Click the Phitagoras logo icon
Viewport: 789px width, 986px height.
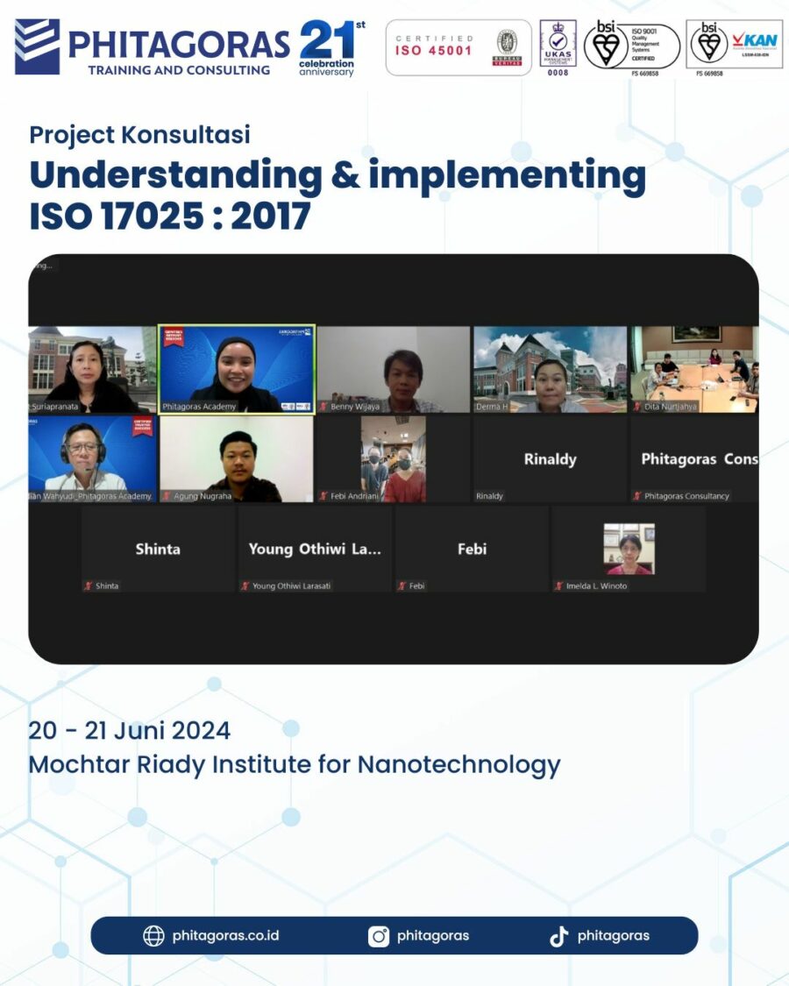click(37, 46)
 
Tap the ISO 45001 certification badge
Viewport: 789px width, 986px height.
click(458, 47)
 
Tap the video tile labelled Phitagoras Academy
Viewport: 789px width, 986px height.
click(236, 369)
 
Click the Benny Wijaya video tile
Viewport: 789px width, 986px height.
click(393, 369)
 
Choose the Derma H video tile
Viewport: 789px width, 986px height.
click(550, 369)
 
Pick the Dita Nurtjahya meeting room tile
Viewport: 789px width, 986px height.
click(693, 369)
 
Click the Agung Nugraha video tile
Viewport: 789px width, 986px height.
click(236, 458)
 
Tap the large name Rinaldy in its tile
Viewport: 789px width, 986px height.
click(550, 459)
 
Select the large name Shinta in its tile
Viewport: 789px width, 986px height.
click(158, 550)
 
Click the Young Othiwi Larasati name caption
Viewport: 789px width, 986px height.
click(292, 585)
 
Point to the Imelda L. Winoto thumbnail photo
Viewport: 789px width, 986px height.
click(629, 549)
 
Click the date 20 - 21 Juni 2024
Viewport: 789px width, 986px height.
click(130, 730)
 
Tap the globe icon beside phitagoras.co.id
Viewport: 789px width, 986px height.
click(153, 936)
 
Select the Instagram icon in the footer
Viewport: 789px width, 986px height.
click(379, 936)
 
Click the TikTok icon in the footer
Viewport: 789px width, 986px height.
click(558, 936)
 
